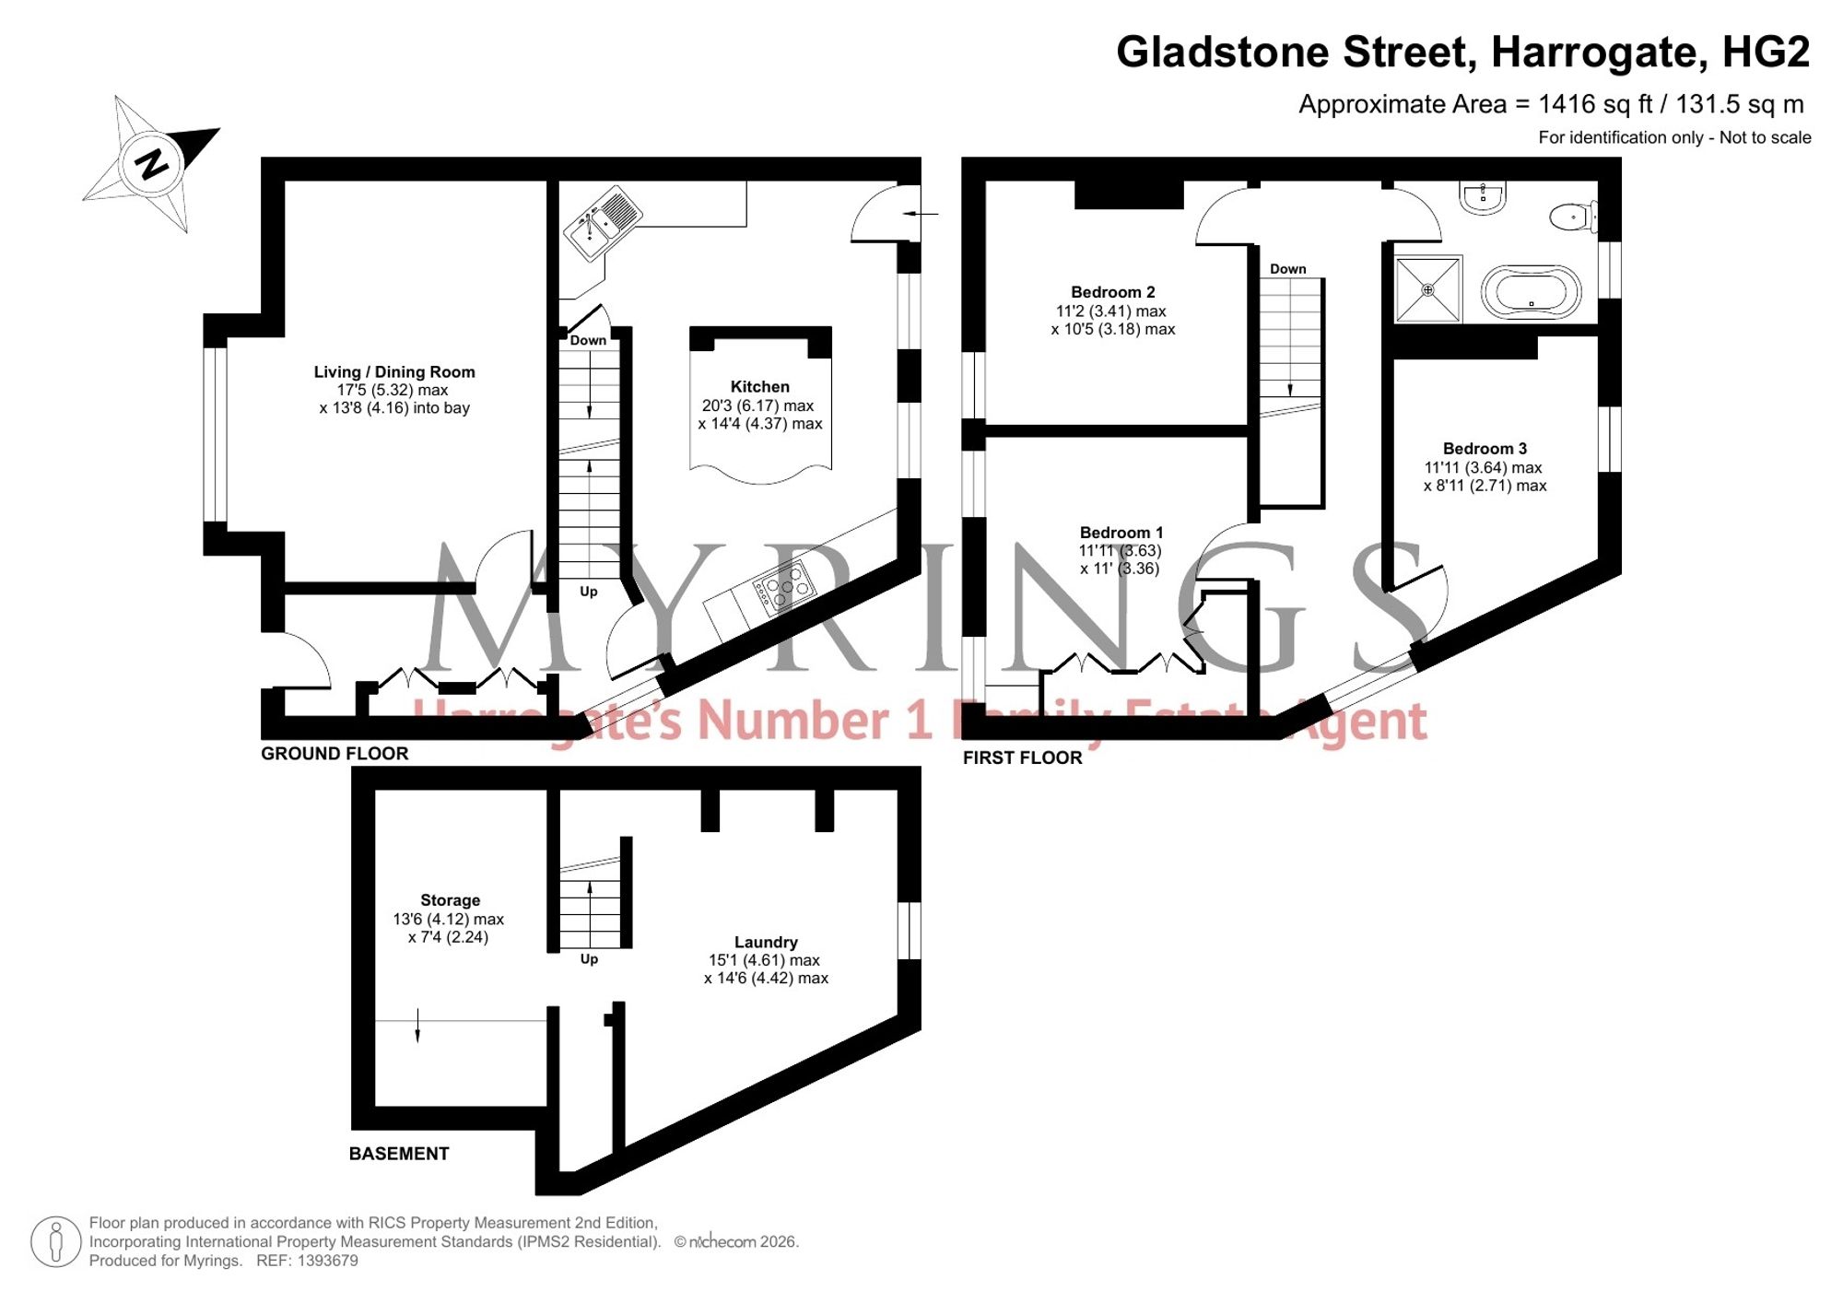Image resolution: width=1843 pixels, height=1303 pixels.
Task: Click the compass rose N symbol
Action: [x=152, y=164]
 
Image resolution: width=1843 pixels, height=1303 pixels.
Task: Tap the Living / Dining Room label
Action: [x=394, y=372]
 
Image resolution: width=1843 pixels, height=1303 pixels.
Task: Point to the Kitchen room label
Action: [x=760, y=387]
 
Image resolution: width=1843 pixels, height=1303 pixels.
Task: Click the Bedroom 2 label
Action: [x=1113, y=292]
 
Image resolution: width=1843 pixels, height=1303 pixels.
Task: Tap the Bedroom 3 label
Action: [x=1485, y=449]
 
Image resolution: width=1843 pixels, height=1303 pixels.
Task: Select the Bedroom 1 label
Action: [x=1121, y=533]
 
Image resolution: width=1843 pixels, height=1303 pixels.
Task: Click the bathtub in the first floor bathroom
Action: [x=1531, y=292]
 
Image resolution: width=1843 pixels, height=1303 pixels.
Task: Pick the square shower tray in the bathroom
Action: [x=1428, y=289]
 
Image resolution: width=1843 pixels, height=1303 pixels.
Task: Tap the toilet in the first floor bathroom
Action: [x=1574, y=217]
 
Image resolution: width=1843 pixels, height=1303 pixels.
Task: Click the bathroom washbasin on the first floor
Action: [x=1483, y=197]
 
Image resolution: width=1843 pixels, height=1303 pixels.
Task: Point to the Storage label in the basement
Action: [x=450, y=900]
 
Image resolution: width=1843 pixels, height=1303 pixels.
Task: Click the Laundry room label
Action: [x=766, y=942]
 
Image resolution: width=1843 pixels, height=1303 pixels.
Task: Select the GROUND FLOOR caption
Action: [x=335, y=754]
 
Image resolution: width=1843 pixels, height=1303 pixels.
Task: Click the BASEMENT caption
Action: [x=399, y=1154]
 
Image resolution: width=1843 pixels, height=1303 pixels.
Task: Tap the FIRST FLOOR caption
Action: [x=1023, y=757]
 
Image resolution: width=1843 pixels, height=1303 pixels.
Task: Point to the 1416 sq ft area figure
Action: [x=1595, y=104]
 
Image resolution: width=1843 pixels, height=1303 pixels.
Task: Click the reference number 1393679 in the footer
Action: [x=327, y=1261]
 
